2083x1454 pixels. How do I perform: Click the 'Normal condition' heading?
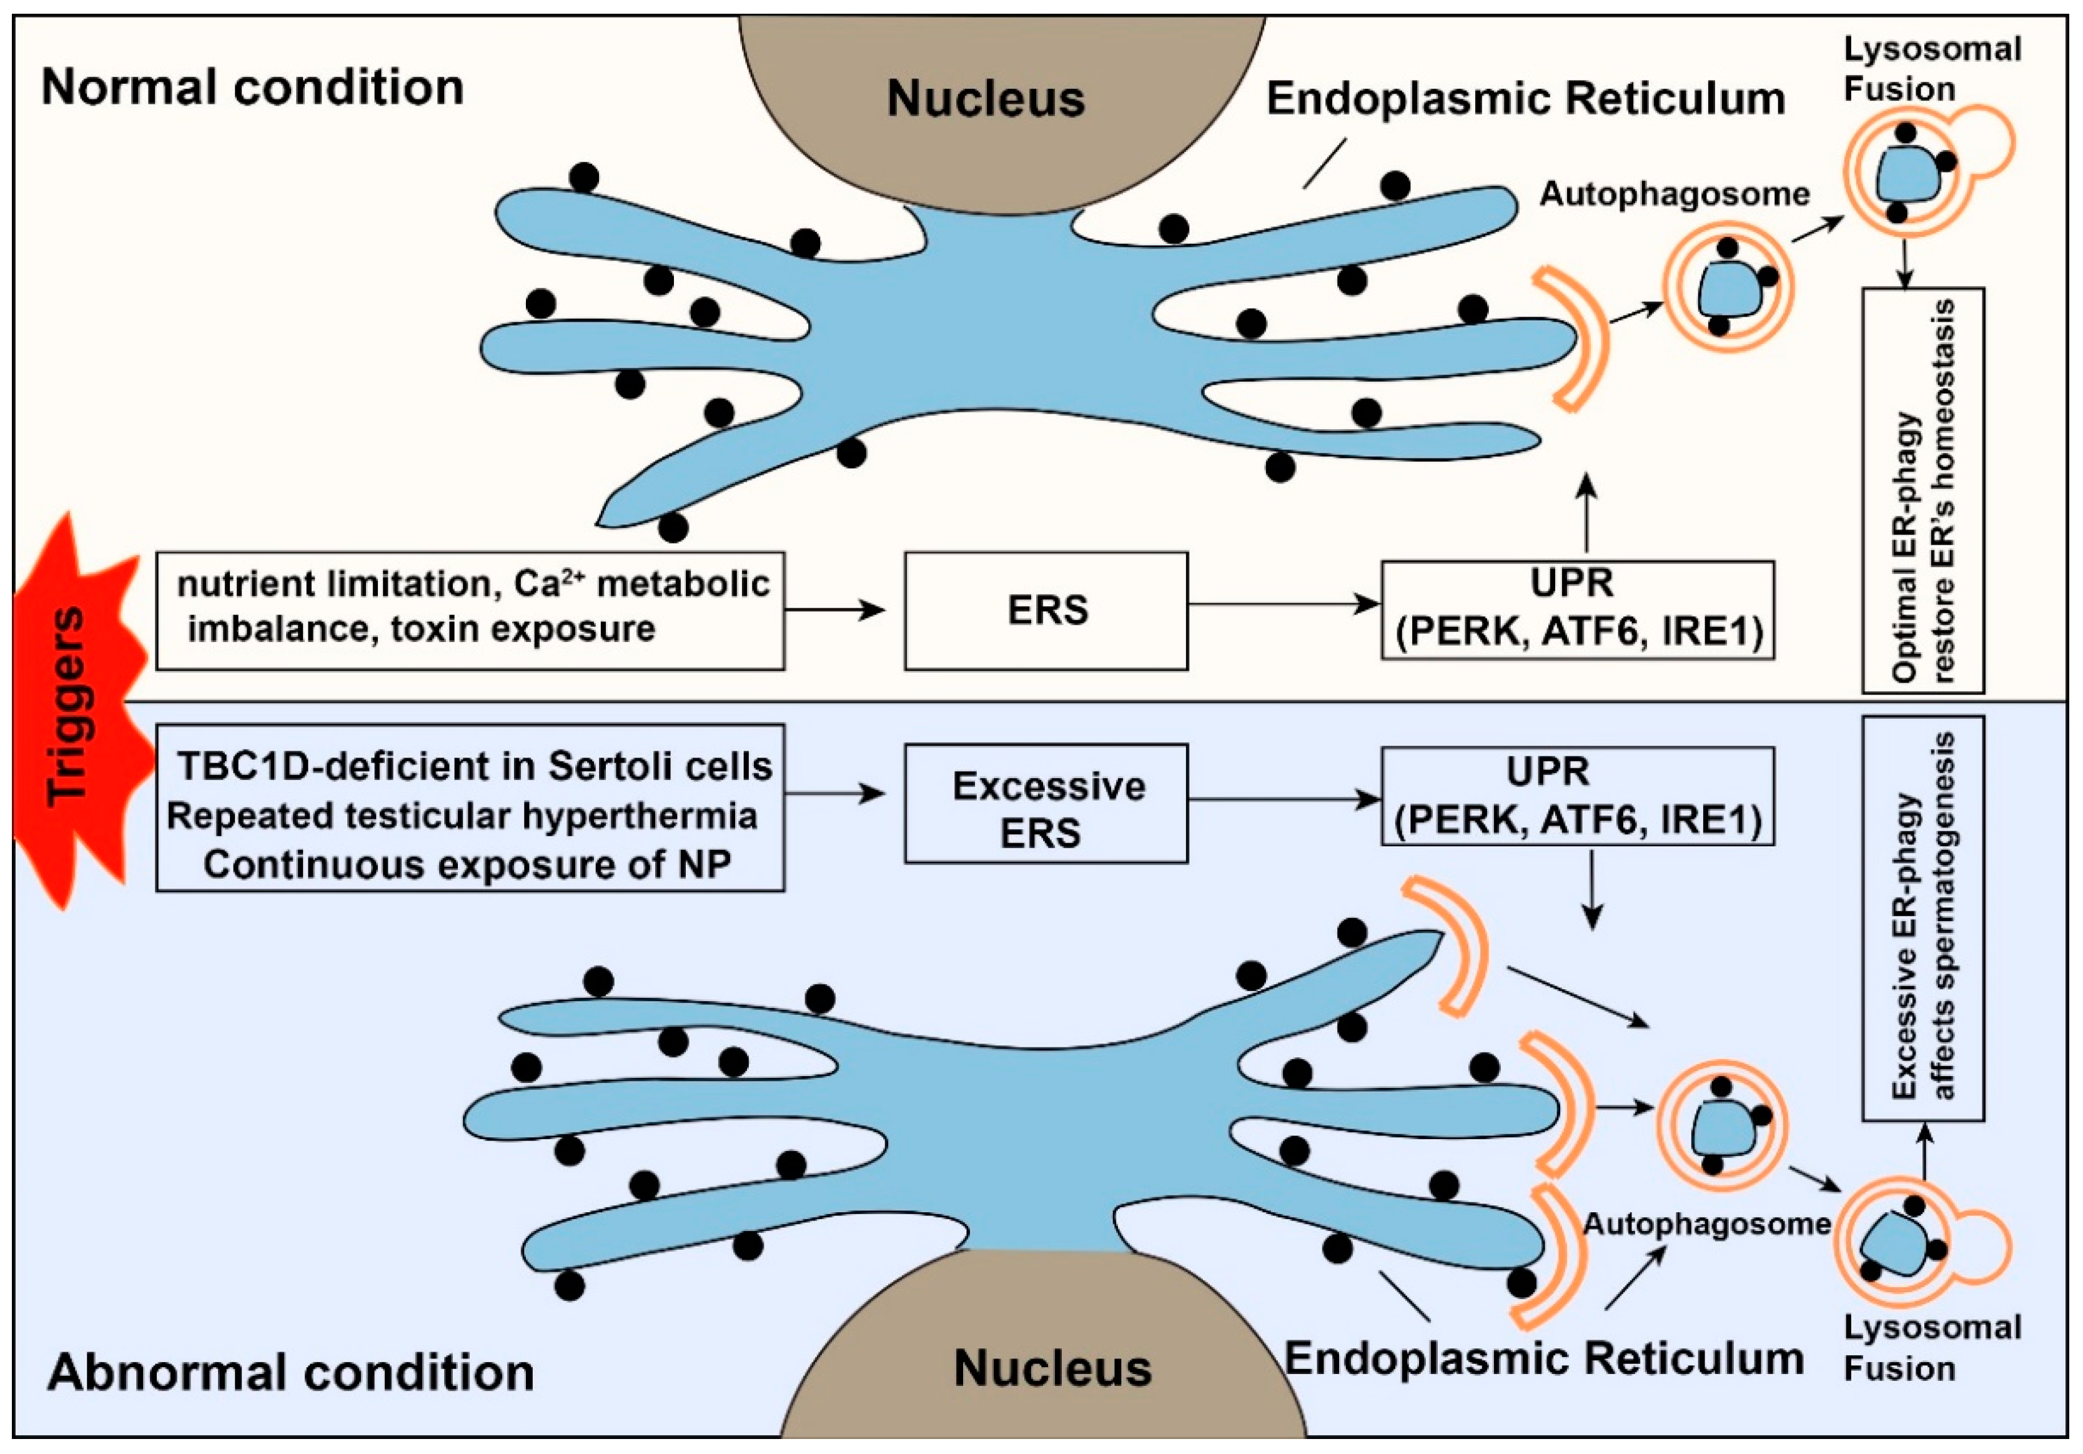252,88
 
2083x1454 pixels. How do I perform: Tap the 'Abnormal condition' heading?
290,1372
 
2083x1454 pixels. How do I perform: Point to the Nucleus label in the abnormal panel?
1052,1368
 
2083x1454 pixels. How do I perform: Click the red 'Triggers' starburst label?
69,708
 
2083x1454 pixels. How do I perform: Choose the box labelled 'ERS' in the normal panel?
1046,610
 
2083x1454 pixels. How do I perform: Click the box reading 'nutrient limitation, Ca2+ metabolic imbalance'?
470,610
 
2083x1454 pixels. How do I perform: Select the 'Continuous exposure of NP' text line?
467,864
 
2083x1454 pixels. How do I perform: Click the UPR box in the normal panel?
1576,610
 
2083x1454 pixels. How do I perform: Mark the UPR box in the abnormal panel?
1576,796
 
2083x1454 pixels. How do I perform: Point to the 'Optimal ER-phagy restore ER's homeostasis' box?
1923,490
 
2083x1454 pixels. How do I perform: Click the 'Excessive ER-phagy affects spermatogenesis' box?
1923,916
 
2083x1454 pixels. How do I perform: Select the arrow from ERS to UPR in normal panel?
1284,604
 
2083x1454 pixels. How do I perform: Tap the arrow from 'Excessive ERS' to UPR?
1284,799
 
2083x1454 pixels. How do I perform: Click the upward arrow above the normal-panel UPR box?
1586,513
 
